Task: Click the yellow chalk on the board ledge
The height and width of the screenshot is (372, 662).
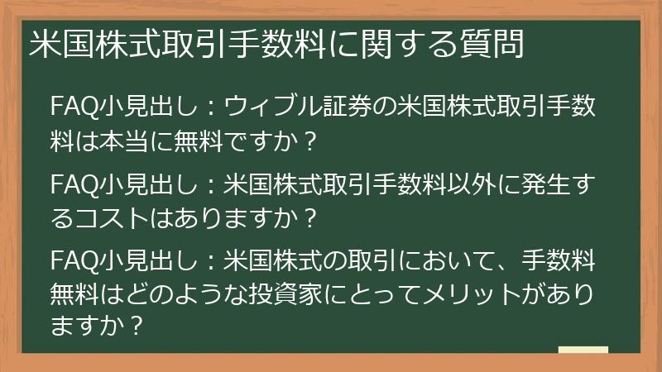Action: click(583, 349)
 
